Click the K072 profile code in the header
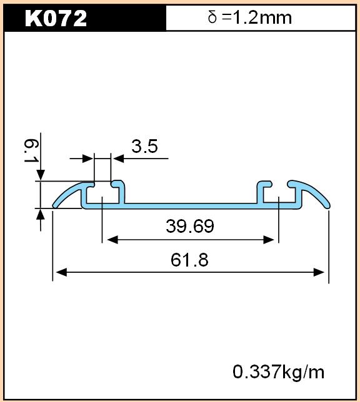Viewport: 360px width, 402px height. click(x=56, y=18)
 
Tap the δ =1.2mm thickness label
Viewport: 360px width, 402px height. click(x=250, y=17)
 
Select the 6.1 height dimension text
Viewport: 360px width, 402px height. click(x=31, y=150)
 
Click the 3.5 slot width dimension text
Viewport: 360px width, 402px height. click(x=144, y=146)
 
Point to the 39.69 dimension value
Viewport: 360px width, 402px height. click(x=190, y=226)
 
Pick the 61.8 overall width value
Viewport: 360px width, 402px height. click(x=189, y=260)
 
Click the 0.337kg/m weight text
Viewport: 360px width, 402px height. click(x=278, y=372)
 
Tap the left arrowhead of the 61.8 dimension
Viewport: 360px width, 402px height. click(x=61, y=272)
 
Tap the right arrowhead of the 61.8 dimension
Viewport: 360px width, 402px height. click(x=319, y=272)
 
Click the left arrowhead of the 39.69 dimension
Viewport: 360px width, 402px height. click(x=112, y=240)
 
